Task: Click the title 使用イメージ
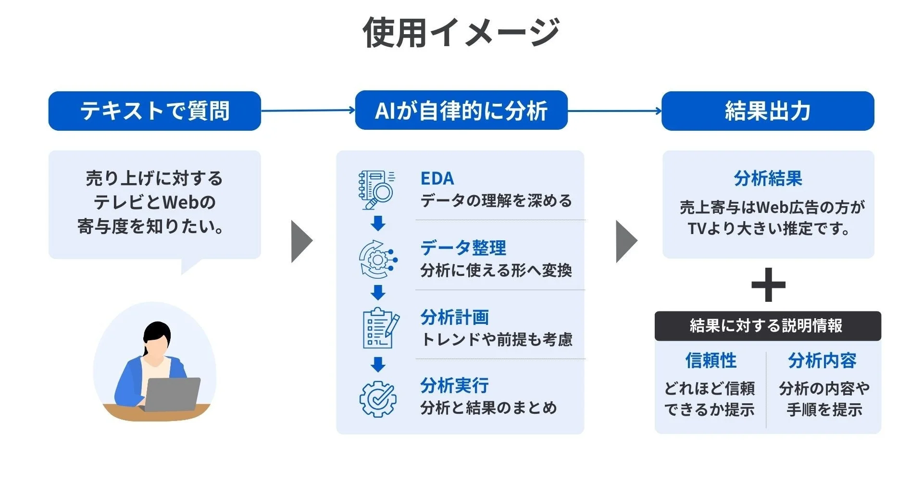(x=461, y=33)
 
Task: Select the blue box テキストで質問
(x=154, y=111)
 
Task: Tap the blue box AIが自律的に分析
(x=461, y=111)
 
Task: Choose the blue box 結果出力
(x=768, y=111)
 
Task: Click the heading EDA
(x=437, y=178)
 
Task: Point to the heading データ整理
(x=463, y=248)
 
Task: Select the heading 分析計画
(x=454, y=317)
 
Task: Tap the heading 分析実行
(x=454, y=385)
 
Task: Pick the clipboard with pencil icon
(x=380, y=328)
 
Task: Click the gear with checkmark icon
(x=378, y=399)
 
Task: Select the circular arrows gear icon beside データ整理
(x=378, y=260)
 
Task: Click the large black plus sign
(x=768, y=285)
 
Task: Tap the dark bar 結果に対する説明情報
(x=767, y=326)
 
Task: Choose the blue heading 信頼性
(x=711, y=360)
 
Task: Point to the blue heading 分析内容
(x=822, y=360)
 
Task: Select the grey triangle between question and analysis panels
(x=301, y=241)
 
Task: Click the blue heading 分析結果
(x=768, y=178)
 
